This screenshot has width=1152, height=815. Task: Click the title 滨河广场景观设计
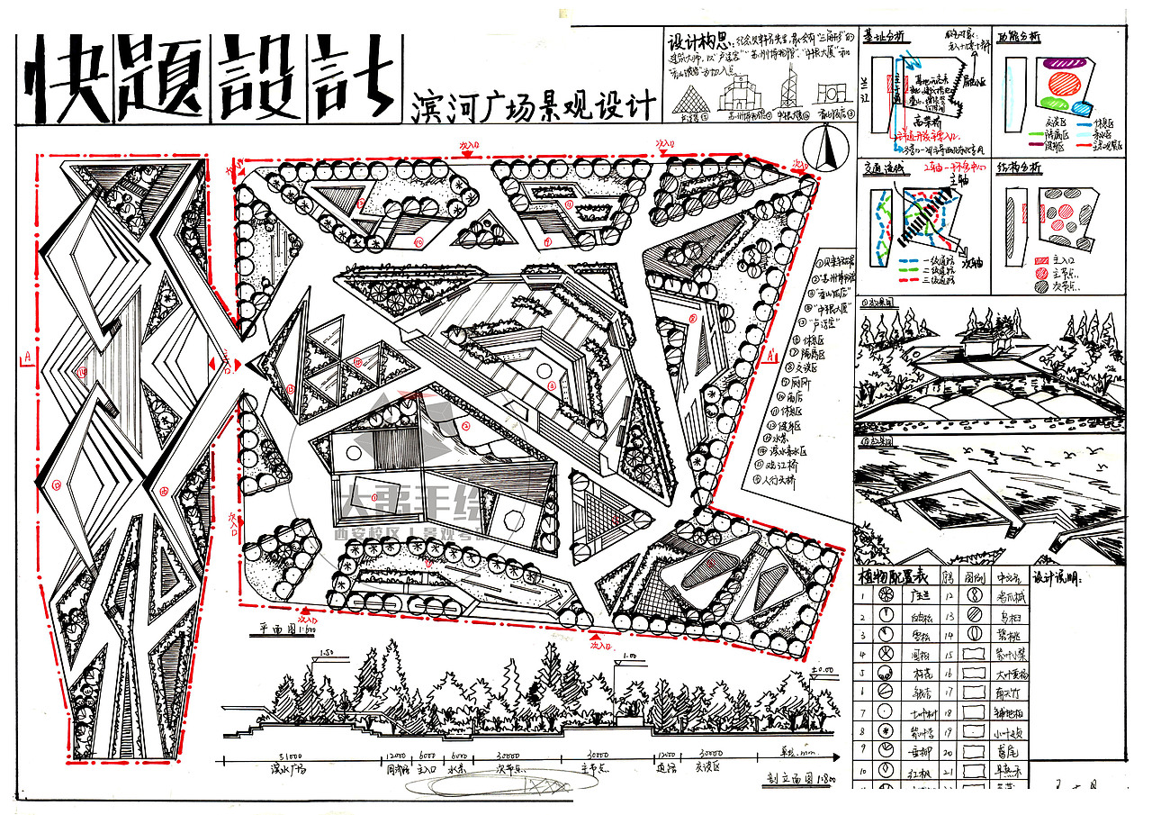(533, 105)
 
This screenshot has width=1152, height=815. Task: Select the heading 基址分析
(884, 38)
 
